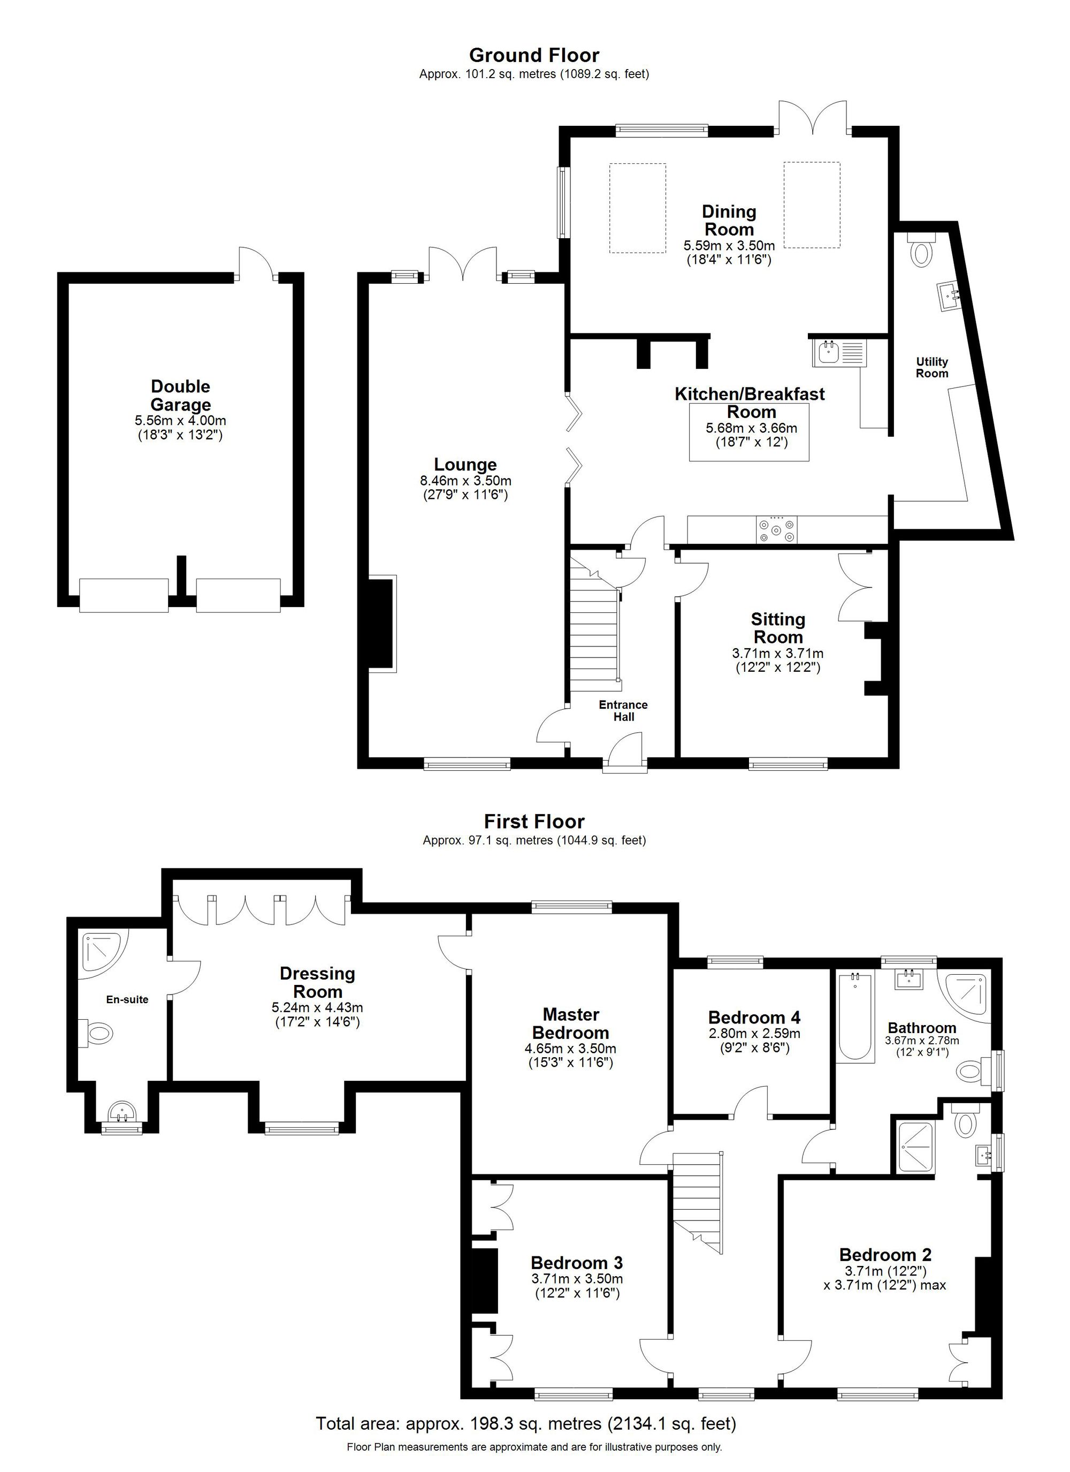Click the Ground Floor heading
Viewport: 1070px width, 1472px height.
[x=534, y=55]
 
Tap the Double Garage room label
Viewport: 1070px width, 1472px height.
[x=180, y=395]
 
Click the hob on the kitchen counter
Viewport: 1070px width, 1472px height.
[x=778, y=529]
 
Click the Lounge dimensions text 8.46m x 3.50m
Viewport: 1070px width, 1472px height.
[x=465, y=481]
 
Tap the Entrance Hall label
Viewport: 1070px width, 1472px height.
[x=623, y=711]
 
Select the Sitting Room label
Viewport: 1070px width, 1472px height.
[x=778, y=628]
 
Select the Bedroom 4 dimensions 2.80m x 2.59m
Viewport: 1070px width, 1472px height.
[x=754, y=1033]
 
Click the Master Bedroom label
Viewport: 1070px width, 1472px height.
[x=570, y=1023]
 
